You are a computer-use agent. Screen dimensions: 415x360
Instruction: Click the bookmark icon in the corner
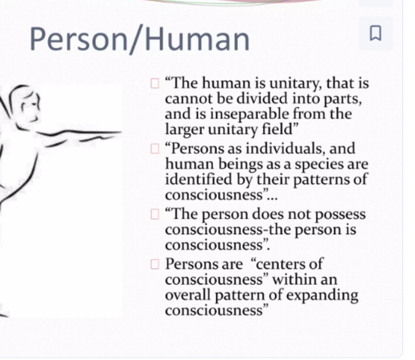pos(375,33)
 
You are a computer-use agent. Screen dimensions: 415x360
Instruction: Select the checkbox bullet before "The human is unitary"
pos(155,84)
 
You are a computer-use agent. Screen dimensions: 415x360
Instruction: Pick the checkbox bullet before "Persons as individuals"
pos(155,149)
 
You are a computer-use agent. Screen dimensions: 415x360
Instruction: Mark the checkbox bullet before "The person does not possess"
pos(155,214)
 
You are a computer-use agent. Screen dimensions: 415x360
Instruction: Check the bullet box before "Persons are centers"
pos(155,264)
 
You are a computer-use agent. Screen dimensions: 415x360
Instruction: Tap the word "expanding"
pos(322,296)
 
